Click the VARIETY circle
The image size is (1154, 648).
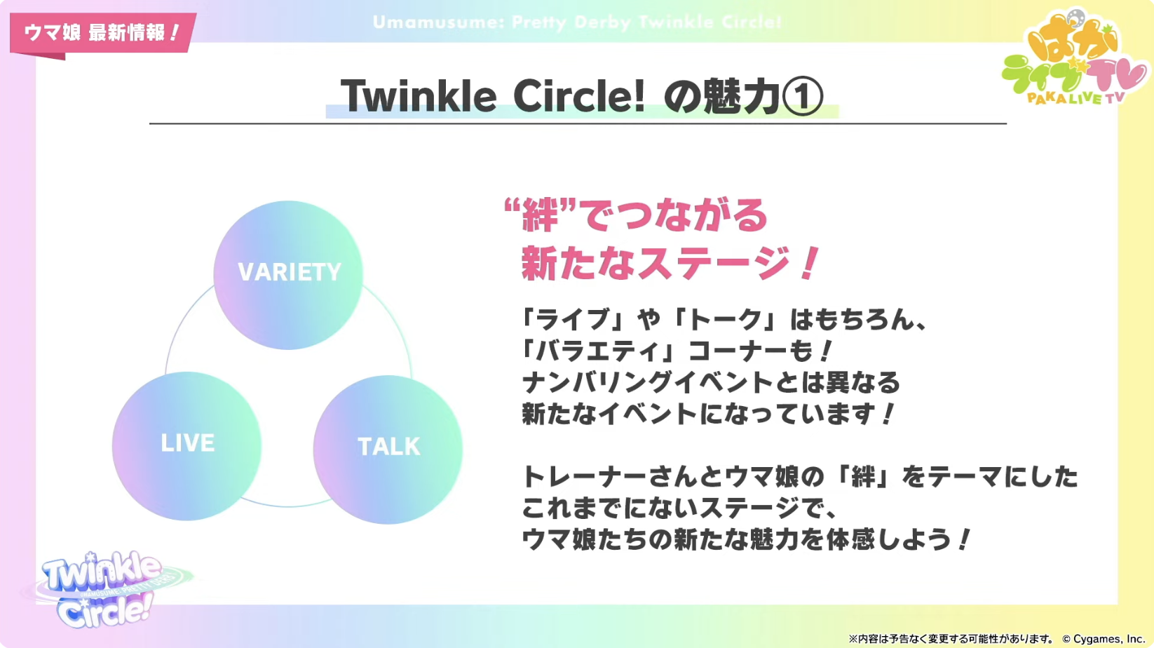(288, 275)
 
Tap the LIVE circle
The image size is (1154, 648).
(186, 446)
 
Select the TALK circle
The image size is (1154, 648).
(388, 450)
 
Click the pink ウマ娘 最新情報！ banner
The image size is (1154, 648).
(102, 33)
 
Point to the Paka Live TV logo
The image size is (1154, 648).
(1075, 58)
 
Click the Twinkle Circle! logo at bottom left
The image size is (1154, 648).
(106, 590)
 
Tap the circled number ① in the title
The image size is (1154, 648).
(802, 96)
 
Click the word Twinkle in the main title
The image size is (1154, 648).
(419, 96)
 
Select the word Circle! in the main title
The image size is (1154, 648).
(579, 96)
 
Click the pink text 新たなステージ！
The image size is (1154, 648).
(670, 263)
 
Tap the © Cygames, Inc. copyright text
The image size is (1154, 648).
(1104, 639)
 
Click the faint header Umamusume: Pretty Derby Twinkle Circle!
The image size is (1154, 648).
(577, 22)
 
